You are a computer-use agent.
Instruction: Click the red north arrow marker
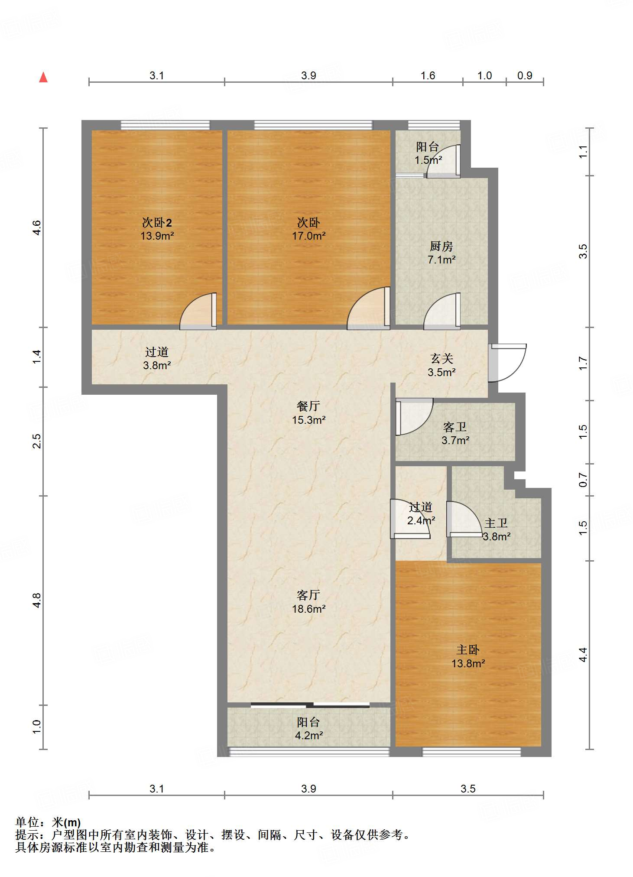[43, 78]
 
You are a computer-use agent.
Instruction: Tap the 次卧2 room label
[157, 223]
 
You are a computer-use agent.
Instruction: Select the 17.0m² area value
[308, 236]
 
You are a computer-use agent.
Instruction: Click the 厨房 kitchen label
[441, 247]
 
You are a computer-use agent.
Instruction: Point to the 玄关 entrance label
[441, 359]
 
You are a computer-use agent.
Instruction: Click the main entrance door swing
[508, 363]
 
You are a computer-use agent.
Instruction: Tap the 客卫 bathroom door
[413, 417]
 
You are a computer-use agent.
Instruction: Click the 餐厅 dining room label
[308, 406]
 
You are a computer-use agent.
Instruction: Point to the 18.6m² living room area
[308, 609]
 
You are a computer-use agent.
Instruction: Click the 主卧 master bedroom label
[467, 650]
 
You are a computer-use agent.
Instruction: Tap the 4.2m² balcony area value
[308, 735]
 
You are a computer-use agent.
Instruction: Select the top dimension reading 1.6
[428, 76]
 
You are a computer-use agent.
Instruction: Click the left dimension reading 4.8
[37, 600]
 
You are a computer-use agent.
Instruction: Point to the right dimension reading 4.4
[583, 654]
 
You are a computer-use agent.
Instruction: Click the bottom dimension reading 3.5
[468, 789]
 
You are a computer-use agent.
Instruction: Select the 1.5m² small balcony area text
[428, 160]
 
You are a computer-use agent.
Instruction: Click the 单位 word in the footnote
[27, 822]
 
